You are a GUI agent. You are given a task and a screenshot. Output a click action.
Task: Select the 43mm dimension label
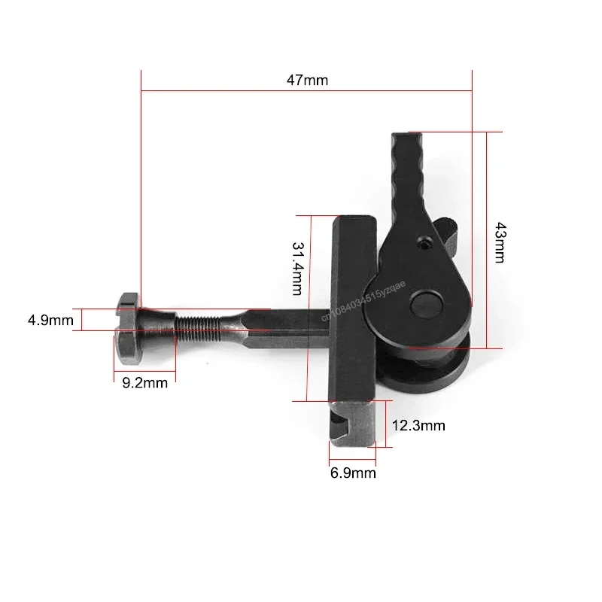pos(498,241)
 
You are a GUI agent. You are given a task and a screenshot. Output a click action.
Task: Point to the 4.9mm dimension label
pos(50,321)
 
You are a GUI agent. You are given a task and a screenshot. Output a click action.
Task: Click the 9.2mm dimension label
pos(144,383)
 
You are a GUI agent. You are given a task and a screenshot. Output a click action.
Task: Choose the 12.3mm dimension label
pos(418,426)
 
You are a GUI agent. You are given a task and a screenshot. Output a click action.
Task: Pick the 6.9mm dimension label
pos(354,473)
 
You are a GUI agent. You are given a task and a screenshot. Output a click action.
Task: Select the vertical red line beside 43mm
pos(487,241)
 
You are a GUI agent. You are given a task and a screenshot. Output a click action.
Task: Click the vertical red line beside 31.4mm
pos(309,309)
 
